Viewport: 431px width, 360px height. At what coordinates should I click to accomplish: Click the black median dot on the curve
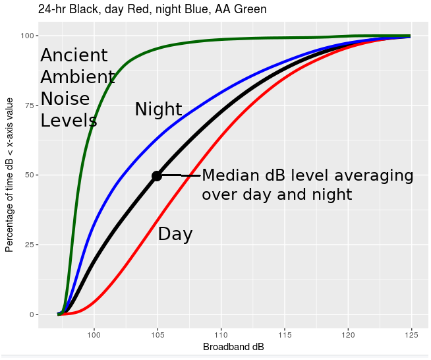tap(157, 175)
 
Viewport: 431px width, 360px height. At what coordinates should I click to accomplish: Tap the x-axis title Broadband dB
tap(233, 347)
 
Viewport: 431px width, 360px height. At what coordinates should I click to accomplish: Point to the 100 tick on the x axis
tap(94, 335)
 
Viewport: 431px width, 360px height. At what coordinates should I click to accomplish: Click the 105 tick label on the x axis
tap(158, 335)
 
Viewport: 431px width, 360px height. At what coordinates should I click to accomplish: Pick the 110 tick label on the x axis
tap(221, 335)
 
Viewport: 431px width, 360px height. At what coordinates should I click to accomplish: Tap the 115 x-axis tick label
tap(285, 335)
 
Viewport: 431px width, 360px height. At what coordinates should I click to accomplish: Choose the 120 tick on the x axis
tap(348, 335)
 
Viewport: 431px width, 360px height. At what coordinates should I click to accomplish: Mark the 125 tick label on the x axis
tap(411, 335)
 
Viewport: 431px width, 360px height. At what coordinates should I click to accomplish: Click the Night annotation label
tap(158, 109)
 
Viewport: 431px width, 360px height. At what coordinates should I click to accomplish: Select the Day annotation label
tap(175, 234)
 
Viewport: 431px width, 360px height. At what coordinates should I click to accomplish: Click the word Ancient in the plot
tap(74, 56)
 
